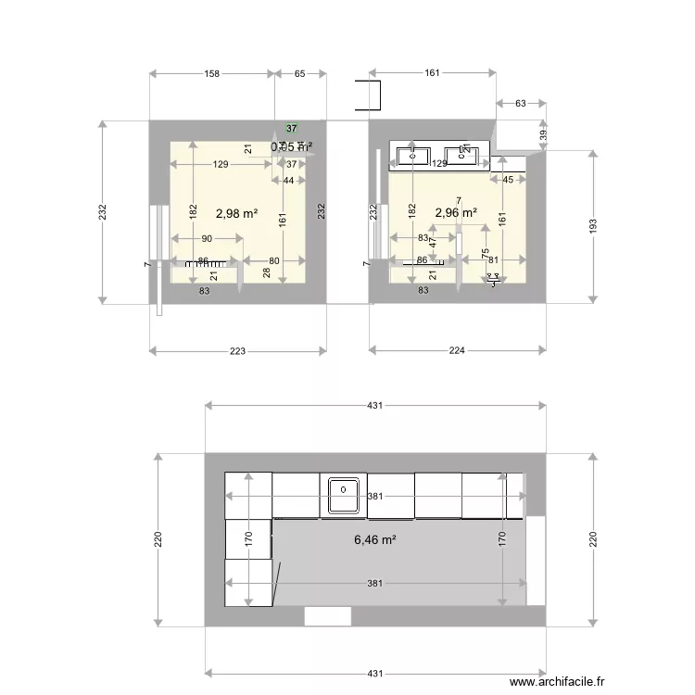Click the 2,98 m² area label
click(x=236, y=213)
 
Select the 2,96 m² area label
click(x=456, y=212)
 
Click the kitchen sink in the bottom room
click(x=343, y=493)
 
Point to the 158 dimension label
click(x=211, y=73)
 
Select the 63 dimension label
click(x=520, y=104)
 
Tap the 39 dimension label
click(x=544, y=134)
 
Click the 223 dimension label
click(x=237, y=350)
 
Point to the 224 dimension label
click(x=457, y=350)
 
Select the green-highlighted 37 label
click(x=292, y=129)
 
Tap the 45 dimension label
click(x=508, y=181)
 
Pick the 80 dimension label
click(x=274, y=261)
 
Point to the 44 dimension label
click(x=289, y=181)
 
